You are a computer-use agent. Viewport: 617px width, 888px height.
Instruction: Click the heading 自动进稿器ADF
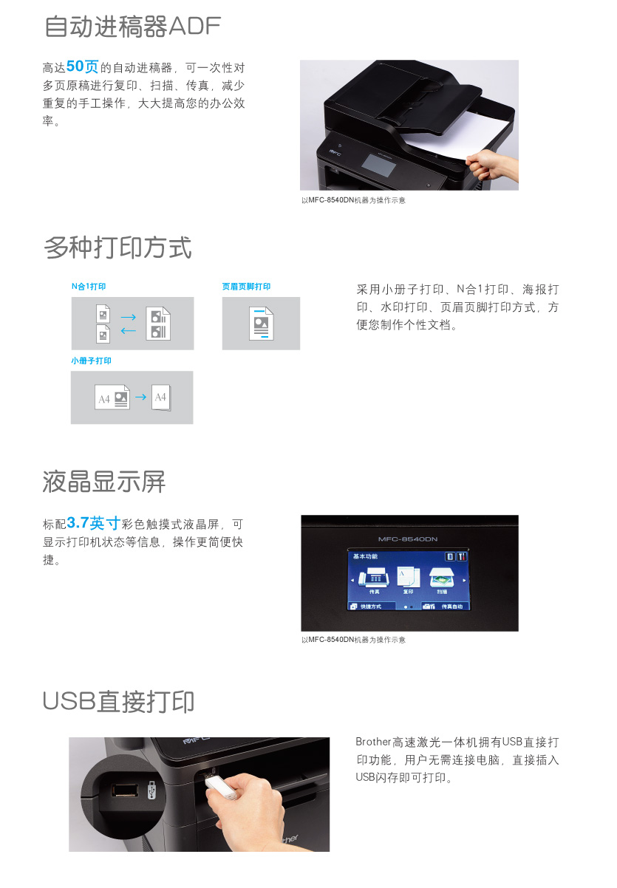pyautogui.click(x=132, y=27)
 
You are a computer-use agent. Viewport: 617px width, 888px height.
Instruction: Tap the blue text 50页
pyautogui.click(x=83, y=66)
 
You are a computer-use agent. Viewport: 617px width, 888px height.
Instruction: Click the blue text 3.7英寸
pyautogui.click(x=94, y=523)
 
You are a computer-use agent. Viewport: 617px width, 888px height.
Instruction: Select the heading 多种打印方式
pyautogui.click(x=117, y=247)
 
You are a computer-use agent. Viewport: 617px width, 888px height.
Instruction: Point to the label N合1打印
pyautogui.click(x=89, y=286)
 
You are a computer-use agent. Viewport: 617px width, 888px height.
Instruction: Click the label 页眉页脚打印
pyautogui.click(x=246, y=286)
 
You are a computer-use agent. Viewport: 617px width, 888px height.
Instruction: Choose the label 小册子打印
pyautogui.click(x=91, y=361)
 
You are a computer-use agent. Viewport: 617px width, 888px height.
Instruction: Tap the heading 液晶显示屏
pyautogui.click(x=104, y=482)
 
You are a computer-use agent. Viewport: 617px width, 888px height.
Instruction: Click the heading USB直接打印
pyautogui.click(x=118, y=702)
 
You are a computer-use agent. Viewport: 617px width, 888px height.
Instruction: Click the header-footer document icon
pyautogui.click(x=261, y=324)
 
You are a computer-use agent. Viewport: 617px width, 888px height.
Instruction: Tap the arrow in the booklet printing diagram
pyautogui.click(x=141, y=397)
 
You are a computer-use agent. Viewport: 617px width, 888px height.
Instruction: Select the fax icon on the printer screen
pyautogui.click(x=374, y=577)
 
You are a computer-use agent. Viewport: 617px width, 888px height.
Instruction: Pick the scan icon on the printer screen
pyautogui.click(x=442, y=578)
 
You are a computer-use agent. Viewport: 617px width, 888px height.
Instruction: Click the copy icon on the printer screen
pyautogui.click(x=409, y=577)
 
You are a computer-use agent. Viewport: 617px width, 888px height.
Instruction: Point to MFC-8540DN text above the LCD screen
pyautogui.click(x=408, y=539)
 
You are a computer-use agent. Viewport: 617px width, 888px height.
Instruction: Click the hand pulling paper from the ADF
pyautogui.click(x=491, y=165)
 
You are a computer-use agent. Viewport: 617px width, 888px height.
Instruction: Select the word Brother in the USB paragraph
pyautogui.click(x=373, y=742)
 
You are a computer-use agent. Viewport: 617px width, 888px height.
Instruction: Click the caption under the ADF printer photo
pyautogui.click(x=353, y=200)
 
